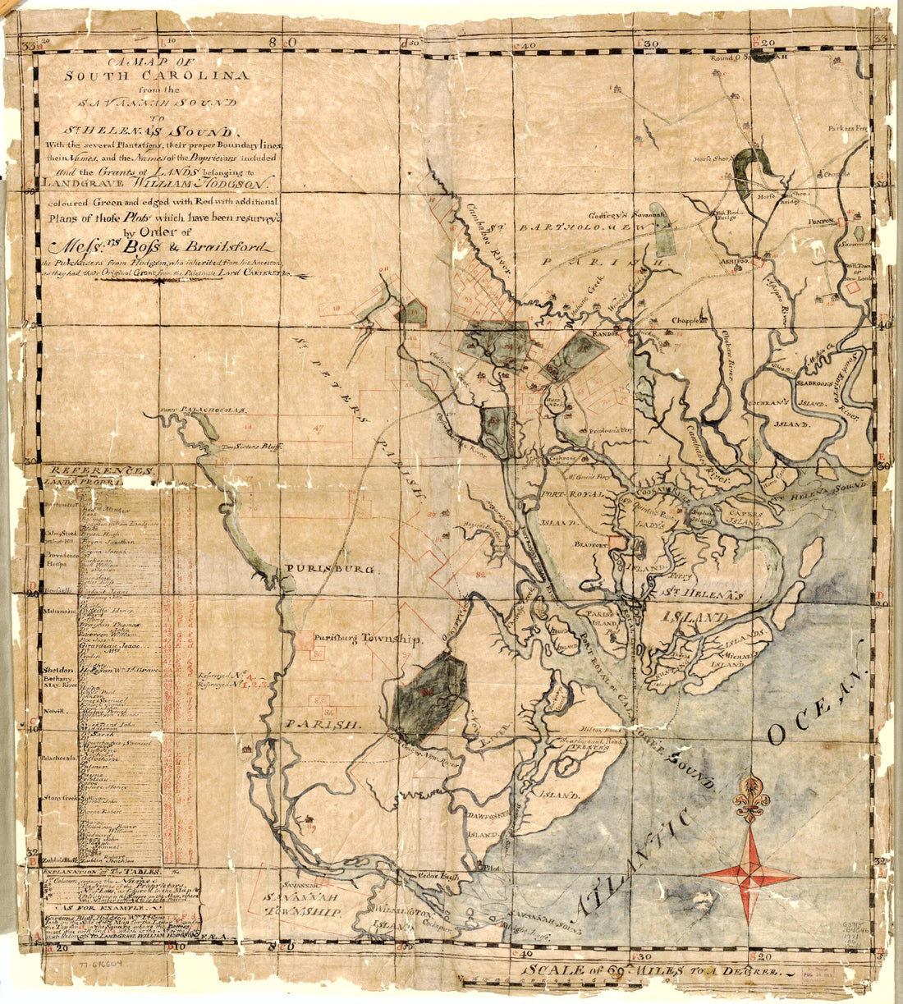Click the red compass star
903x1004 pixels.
749,874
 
